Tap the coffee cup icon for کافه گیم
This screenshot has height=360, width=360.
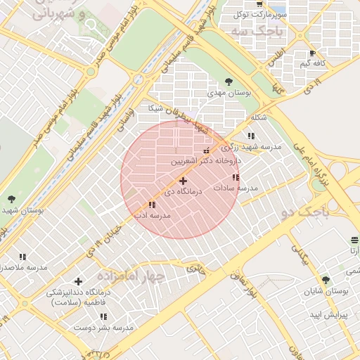[312, 53]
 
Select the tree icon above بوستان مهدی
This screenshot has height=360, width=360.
[229, 81]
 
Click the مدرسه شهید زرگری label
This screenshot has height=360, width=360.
[251, 146]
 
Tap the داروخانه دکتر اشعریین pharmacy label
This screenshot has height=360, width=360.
[205, 161]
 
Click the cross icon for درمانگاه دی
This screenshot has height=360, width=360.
[184, 181]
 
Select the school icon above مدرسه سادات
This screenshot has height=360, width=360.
[236, 177]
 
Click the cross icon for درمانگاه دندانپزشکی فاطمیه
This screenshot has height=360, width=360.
[78, 281]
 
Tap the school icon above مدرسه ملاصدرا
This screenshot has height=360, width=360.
[22, 257]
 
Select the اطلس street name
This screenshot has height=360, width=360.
[274, 56]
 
